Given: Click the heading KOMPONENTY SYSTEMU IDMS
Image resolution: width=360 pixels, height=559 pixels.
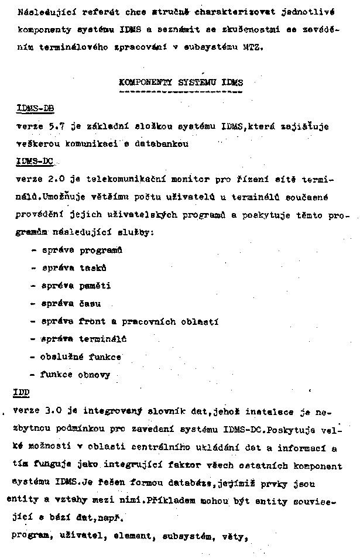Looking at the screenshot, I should (180, 83).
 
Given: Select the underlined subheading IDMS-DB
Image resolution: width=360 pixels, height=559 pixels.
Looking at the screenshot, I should (36, 108).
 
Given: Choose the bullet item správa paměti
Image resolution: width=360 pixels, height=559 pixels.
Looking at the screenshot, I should (76, 286).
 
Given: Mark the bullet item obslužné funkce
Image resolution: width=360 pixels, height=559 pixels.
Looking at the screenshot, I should (81, 356).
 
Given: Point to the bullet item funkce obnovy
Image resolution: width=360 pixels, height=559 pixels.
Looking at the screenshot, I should (74, 375).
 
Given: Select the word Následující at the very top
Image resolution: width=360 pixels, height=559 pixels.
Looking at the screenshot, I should (42, 12).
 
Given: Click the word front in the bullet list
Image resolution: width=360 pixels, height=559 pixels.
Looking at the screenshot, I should (91, 321).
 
